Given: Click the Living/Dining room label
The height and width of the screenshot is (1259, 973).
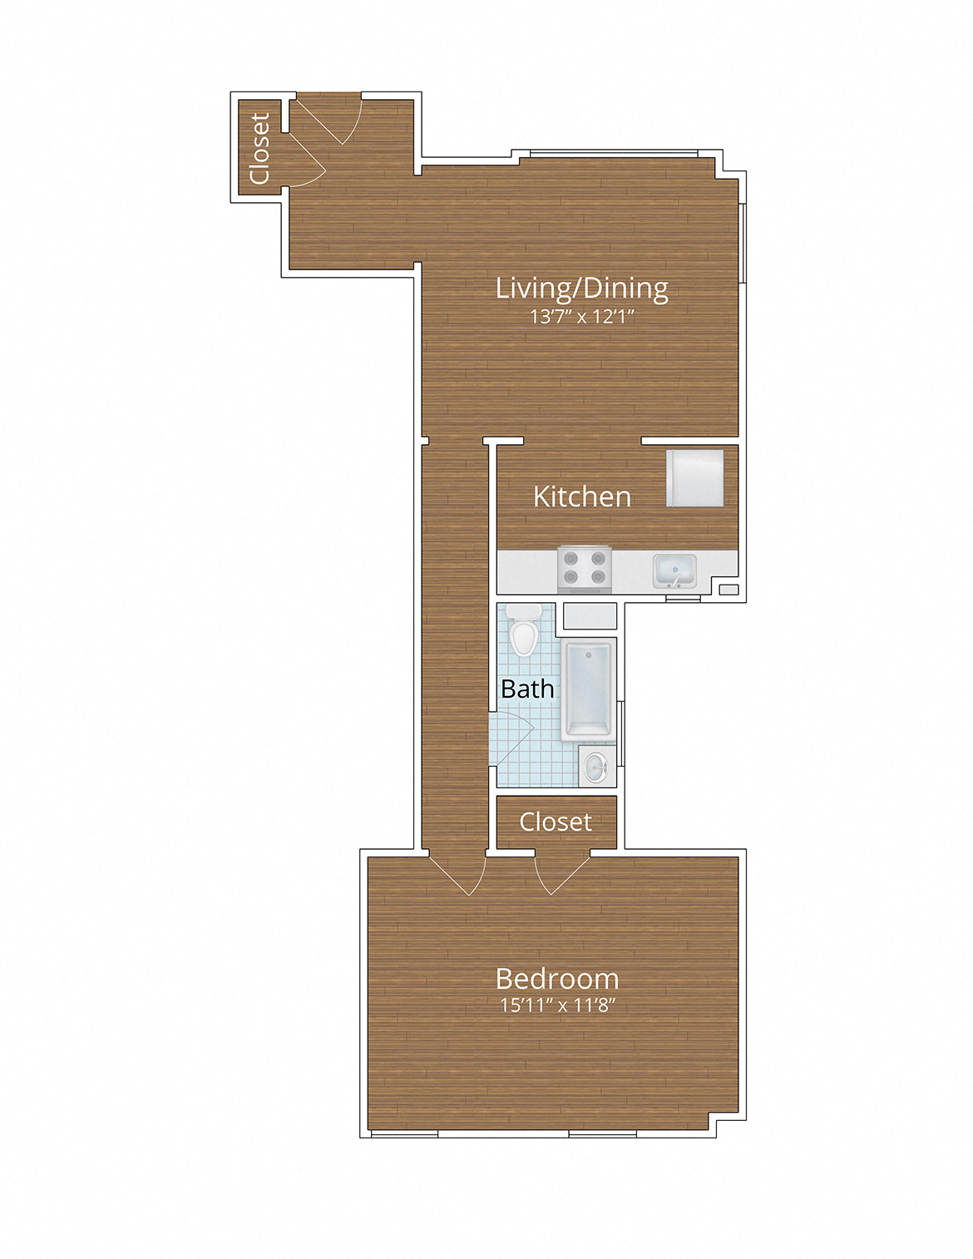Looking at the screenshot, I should (581, 289).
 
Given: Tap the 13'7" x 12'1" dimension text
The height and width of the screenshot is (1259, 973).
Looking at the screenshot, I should (581, 317).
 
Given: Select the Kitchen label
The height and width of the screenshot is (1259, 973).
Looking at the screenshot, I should (581, 496).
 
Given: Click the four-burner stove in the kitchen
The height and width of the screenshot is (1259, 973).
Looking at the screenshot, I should (584, 568).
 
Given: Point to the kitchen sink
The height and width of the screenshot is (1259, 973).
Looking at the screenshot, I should (674, 570).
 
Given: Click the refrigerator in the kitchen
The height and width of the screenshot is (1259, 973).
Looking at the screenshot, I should (694, 478).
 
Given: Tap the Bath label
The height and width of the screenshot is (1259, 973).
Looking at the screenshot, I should (527, 689).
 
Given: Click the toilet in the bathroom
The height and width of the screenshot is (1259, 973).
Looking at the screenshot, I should (524, 631).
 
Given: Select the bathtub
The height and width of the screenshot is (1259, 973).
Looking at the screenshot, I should (588, 689).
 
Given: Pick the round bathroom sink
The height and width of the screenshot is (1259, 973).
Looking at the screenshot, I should (596, 766).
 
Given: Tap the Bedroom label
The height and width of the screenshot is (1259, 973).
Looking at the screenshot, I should (556, 979).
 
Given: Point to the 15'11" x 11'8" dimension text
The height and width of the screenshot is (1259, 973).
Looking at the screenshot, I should (556, 1005).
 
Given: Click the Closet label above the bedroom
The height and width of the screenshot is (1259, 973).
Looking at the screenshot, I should (556, 822).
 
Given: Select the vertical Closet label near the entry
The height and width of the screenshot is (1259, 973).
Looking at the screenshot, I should (259, 148).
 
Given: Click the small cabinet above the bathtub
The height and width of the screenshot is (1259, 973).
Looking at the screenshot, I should (590, 616).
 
